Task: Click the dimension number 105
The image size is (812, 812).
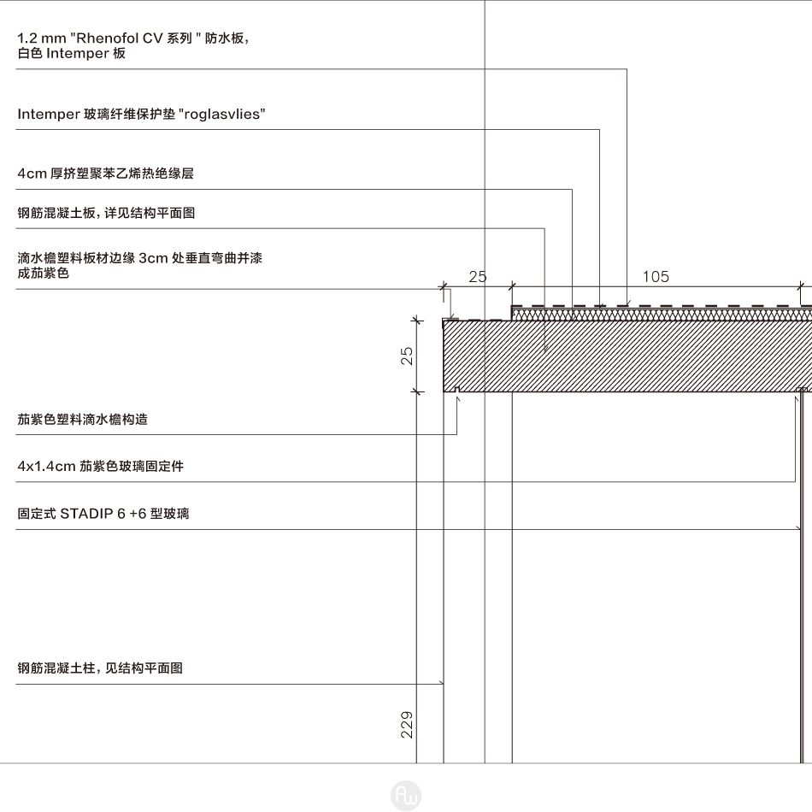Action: pos(656,277)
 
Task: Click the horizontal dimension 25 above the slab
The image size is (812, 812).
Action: pos(478,277)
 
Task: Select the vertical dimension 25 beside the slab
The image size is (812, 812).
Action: pos(407,356)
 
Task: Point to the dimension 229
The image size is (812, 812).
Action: pos(407,725)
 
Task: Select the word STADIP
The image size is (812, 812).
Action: pos(86,514)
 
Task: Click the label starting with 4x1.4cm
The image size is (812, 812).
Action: pos(101,466)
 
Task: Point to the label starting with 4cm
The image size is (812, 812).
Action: pos(106,173)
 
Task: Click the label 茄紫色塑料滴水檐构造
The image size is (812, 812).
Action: pos(83,419)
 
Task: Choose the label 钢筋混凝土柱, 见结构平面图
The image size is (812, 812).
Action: pos(100,668)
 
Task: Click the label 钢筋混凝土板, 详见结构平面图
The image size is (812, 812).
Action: pos(106,213)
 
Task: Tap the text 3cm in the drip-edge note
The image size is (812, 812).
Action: pos(153,258)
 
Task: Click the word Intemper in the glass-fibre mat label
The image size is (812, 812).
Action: pos(48,114)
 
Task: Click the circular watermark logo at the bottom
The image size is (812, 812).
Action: pos(406,795)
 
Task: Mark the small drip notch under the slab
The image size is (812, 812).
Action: pos(457,390)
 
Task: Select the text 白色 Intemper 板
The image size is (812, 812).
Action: pos(72,53)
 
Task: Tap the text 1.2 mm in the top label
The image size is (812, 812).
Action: pos(41,38)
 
